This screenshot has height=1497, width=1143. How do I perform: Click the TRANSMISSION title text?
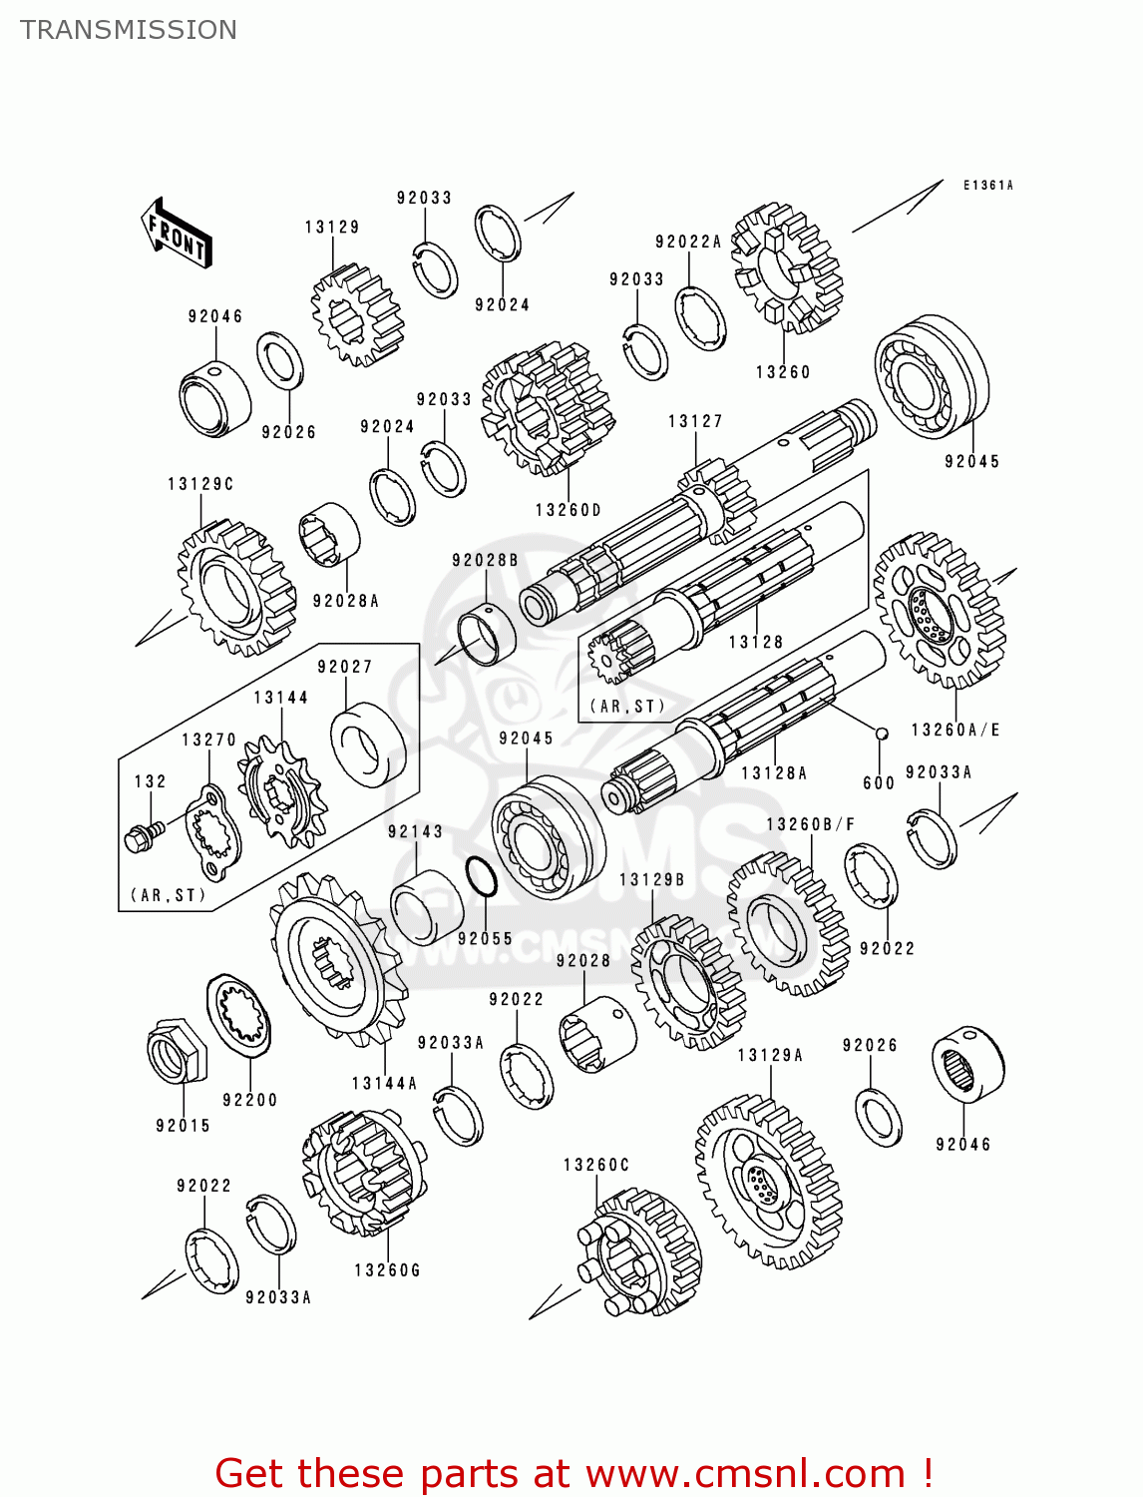tap(129, 30)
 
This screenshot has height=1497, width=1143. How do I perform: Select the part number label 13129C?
tap(200, 484)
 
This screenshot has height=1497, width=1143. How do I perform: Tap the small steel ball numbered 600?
tap(882, 734)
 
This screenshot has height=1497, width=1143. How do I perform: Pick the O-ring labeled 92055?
tap(482, 878)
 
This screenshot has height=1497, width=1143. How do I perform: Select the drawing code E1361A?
tap(987, 186)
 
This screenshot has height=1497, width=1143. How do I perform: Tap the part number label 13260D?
tap(569, 510)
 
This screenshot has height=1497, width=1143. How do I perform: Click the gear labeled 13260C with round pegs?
tap(638, 1252)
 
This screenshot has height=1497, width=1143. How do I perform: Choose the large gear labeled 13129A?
tap(768, 1183)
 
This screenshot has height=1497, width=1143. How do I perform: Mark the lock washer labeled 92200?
tap(239, 1016)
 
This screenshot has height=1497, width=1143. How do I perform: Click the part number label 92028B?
tap(485, 560)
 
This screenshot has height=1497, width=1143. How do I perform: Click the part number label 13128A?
tap(774, 772)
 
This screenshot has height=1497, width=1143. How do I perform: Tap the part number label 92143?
tap(415, 831)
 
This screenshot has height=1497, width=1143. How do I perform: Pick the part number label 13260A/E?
tap(955, 730)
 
